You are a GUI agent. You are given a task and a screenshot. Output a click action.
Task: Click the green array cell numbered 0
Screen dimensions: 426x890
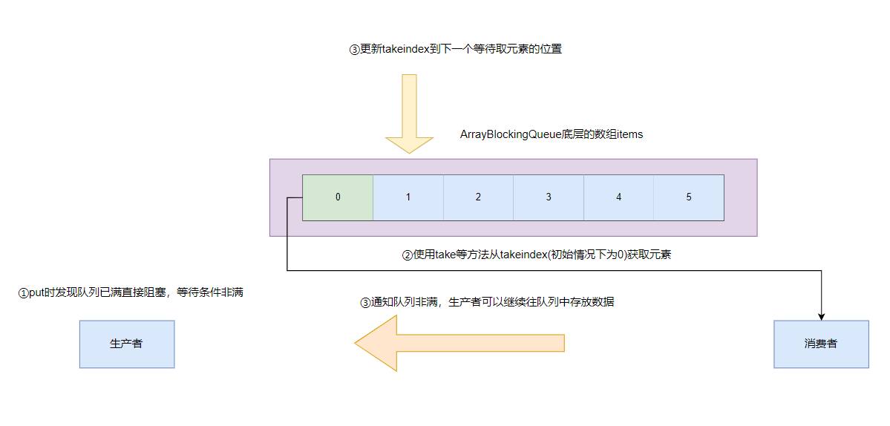point(338,197)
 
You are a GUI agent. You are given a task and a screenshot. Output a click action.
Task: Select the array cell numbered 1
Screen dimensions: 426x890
point(408,197)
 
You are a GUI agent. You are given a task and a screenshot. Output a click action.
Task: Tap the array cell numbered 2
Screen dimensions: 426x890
point(478,197)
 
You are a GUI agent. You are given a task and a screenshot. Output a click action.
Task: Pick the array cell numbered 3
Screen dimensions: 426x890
point(549,197)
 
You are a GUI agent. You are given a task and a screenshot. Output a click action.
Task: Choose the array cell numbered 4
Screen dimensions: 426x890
point(618,197)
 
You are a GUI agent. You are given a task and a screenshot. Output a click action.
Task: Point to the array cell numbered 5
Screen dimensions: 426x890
point(689,197)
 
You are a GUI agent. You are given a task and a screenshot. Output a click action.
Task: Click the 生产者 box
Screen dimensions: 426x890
point(127,344)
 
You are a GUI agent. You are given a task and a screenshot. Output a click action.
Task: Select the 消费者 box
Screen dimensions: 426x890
point(821,344)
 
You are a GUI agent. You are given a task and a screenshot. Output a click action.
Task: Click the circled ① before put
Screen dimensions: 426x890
point(22,293)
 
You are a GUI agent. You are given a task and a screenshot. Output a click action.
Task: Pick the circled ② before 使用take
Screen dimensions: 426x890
point(407,255)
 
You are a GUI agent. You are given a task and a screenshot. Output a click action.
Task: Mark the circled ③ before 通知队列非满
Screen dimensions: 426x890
point(364,303)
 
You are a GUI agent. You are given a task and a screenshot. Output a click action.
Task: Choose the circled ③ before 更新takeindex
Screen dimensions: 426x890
point(354,50)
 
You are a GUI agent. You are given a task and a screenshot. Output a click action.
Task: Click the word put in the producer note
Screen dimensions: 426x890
point(36,293)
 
